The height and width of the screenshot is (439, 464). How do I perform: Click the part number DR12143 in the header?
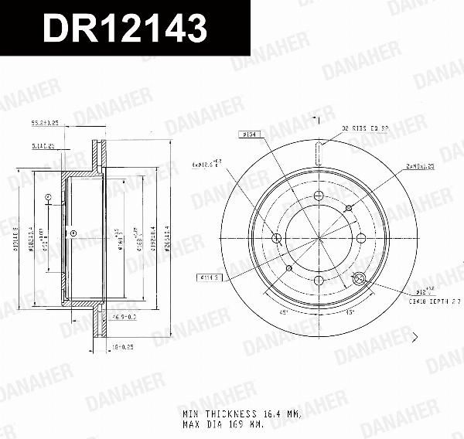(124, 29)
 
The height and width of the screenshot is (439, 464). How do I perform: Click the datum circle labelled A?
(48, 198)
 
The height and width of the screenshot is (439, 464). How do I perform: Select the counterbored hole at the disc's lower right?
(358, 279)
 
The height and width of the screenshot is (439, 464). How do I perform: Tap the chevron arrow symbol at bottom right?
(415, 336)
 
